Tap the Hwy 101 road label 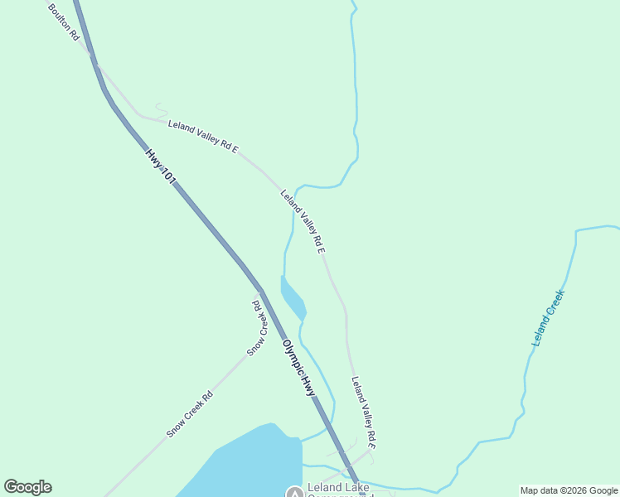[x=161, y=166]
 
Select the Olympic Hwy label [x=299, y=367]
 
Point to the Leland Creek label [x=548, y=318]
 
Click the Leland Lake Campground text [x=341, y=488]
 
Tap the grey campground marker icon [x=294, y=493]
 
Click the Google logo [x=27, y=487]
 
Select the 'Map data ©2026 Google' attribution [x=569, y=490]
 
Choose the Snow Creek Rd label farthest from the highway [x=190, y=414]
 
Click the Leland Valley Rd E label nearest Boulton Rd [x=203, y=137]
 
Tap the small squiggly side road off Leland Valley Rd [x=161, y=108]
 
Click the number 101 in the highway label [x=168, y=176]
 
